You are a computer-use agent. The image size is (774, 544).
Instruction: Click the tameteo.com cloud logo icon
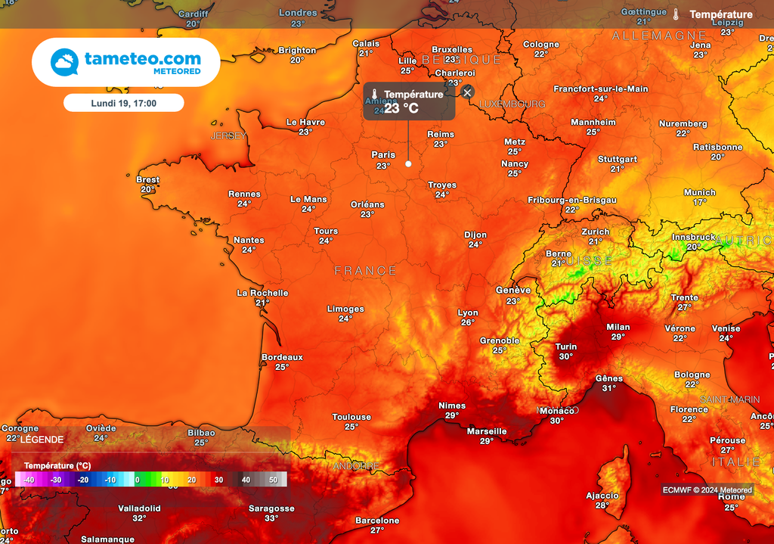click(x=64, y=62)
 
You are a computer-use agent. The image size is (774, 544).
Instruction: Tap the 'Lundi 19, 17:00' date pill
click(x=123, y=103)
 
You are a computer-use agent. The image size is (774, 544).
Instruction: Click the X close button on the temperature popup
click(x=467, y=92)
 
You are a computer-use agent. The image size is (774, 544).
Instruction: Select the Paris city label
click(x=383, y=155)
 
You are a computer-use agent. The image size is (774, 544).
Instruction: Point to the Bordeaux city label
click(x=282, y=357)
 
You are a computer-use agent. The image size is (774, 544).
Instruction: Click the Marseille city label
click(x=487, y=431)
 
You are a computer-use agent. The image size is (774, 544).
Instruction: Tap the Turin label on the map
click(x=566, y=347)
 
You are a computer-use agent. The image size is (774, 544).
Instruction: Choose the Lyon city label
click(x=468, y=312)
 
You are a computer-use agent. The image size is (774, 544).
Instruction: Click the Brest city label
click(x=148, y=180)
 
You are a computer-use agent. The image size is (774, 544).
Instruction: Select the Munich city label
click(x=699, y=192)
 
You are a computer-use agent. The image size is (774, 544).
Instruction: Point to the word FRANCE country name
click(x=366, y=270)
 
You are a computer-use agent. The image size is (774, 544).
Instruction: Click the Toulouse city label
click(x=351, y=417)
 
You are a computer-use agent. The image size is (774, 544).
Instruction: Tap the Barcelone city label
click(x=377, y=521)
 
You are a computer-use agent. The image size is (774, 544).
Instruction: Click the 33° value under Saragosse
click(x=271, y=518)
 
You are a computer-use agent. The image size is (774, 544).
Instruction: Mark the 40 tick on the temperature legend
click(x=246, y=480)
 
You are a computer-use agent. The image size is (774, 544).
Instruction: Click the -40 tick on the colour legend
click(x=29, y=480)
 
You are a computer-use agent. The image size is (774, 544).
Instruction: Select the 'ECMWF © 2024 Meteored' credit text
click(x=707, y=490)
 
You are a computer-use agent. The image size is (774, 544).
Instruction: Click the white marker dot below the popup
click(x=409, y=163)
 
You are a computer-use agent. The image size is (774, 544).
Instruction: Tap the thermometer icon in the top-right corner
click(x=676, y=14)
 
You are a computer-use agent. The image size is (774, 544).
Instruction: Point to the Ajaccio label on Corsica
click(x=602, y=496)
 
